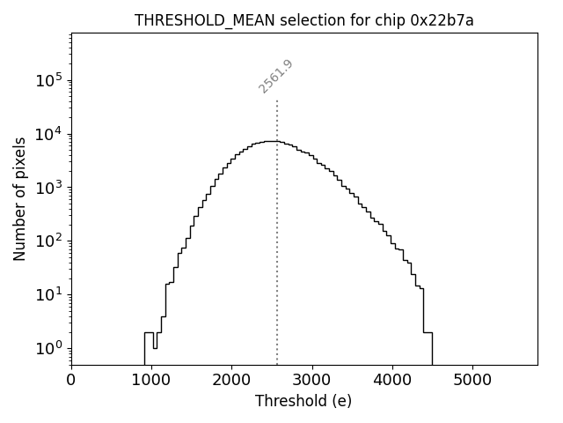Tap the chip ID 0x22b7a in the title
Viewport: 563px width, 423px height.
tap(442, 21)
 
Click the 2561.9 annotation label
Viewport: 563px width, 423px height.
tap(275, 76)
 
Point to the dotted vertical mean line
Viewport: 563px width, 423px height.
tap(277, 247)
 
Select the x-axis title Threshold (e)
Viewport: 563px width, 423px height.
tap(303, 401)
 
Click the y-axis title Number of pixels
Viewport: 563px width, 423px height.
tap(19, 198)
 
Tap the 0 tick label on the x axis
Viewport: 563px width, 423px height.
tap(71, 381)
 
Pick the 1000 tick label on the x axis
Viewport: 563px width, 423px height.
tap(151, 381)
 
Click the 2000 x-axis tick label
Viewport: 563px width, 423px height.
tap(231, 381)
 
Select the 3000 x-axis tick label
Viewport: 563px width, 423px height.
tap(312, 381)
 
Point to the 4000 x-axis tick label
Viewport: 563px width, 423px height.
tap(392, 381)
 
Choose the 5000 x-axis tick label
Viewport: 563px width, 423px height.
tap(472, 381)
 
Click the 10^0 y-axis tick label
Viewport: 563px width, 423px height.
tap(48, 347)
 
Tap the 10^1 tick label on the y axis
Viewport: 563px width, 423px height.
tap(48, 293)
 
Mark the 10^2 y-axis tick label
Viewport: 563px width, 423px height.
tap(48, 241)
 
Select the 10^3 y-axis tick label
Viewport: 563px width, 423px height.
tap(48, 187)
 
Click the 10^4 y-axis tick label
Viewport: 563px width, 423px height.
tap(48, 134)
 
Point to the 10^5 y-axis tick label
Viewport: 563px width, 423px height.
tap(48, 80)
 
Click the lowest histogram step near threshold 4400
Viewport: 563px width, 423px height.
tap(428, 332)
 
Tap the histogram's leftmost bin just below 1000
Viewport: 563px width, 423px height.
tap(149, 332)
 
